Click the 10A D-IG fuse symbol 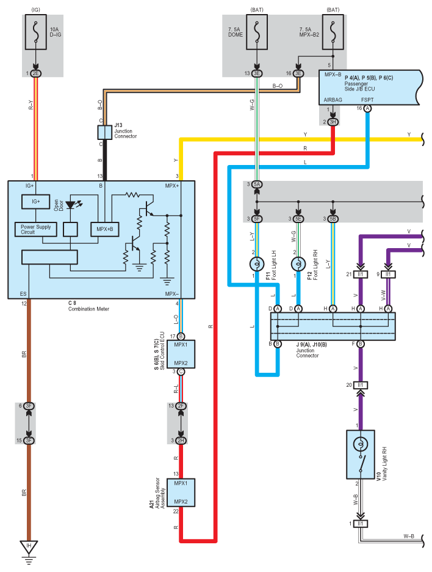tap(36, 32)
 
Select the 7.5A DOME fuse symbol tap(257, 32)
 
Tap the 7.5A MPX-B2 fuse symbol tap(333, 32)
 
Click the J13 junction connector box tap(104, 133)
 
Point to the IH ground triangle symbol tap(29, 547)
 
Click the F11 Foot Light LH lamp tap(257, 264)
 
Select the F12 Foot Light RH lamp tap(298, 264)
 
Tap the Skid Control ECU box tap(181, 354)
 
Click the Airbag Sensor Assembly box tap(181, 493)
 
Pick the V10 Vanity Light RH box tap(361, 455)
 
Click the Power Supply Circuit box tap(36, 229)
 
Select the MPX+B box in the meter tap(105, 229)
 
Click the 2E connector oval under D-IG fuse tap(36, 73)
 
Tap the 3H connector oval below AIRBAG tap(333, 122)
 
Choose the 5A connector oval tap(257, 184)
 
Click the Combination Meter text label tap(89, 309)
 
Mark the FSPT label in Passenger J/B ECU tap(367, 100)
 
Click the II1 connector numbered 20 tap(361, 385)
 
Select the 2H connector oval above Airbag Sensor tap(181, 441)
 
